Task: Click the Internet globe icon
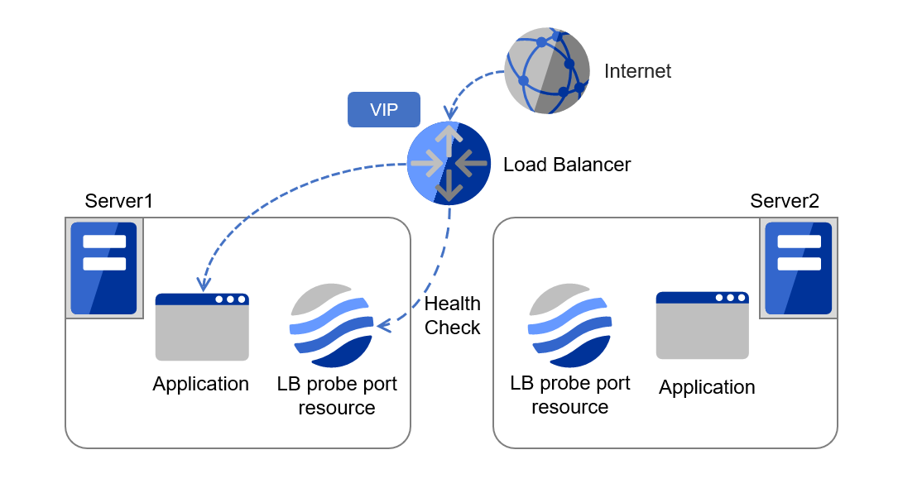point(547,70)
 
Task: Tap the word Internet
point(637,71)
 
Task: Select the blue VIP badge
point(383,110)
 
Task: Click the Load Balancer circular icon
point(449,163)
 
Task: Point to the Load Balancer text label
point(567,165)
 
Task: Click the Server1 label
point(118,201)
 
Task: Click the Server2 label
point(784,201)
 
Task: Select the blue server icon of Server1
point(104,268)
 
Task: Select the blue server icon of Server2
point(798,268)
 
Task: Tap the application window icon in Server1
point(202,327)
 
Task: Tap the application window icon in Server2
point(702,325)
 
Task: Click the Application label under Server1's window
point(200,384)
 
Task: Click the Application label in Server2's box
point(707,387)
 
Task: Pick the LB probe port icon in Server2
point(570,325)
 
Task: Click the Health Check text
point(452,316)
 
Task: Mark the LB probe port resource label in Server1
point(337,396)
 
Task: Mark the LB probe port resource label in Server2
point(570,395)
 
